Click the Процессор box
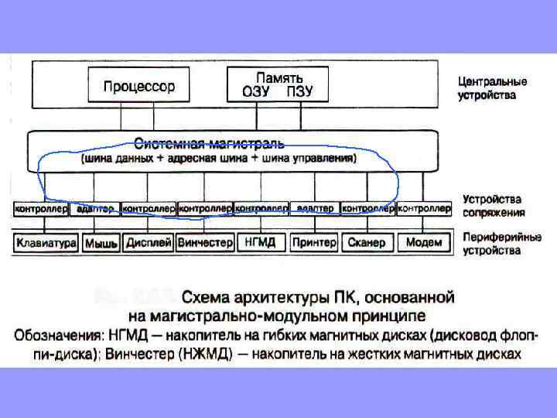click(139, 86)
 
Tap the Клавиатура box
click(46, 242)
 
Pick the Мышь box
click(101, 243)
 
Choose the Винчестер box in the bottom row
click(205, 242)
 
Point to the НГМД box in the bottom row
click(261, 242)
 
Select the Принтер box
click(314, 242)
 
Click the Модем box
click(424, 242)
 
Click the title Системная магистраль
click(209, 143)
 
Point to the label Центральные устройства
click(492, 87)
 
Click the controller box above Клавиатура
click(43, 209)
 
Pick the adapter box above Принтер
click(315, 209)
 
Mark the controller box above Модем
click(424, 209)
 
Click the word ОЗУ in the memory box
click(255, 91)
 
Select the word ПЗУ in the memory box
click(300, 91)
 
